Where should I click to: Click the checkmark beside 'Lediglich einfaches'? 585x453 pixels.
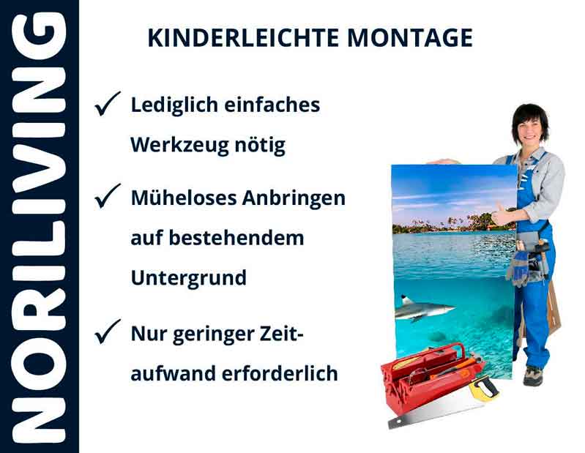pos(108,105)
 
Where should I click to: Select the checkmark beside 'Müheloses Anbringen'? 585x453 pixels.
pos(108,197)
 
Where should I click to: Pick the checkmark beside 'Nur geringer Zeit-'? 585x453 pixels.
pos(108,334)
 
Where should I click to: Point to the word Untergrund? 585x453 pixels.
pos(188,278)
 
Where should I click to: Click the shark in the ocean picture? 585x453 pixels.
pos(422,308)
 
